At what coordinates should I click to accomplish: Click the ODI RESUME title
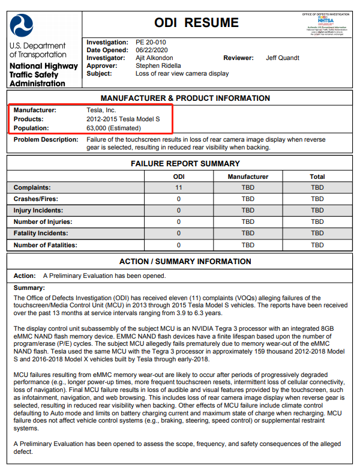pos(196,23)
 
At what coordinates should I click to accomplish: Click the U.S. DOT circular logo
pos(26,25)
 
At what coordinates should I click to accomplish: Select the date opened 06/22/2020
pos(152,50)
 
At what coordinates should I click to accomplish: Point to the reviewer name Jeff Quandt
pos(282,58)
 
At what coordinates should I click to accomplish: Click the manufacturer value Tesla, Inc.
pos(101,110)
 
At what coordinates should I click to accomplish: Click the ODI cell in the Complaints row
pos(179,188)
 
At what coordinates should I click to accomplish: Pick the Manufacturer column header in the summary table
pos(248,176)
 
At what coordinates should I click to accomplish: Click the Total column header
pos(317,176)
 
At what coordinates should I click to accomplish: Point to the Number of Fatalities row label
pos(47,245)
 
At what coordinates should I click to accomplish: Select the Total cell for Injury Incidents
pos(317,211)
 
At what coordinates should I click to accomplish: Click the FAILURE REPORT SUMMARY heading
pos(185,163)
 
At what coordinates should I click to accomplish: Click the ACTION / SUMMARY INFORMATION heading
pos(185,262)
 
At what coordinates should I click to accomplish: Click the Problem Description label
pos(46,139)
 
